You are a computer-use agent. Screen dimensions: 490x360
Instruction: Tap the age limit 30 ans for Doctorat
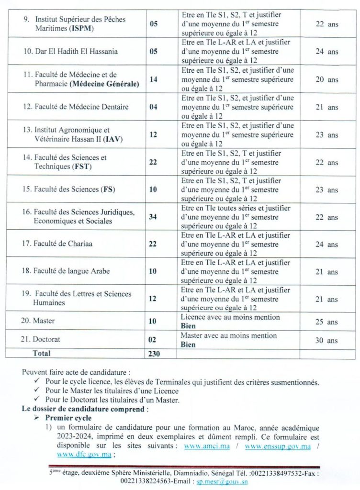[x=326, y=340]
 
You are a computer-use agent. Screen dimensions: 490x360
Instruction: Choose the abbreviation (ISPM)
[x=81, y=29]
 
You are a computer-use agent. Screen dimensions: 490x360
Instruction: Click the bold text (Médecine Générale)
[x=104, y=84]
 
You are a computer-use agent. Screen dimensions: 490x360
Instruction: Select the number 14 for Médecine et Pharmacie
[x=153, y=79]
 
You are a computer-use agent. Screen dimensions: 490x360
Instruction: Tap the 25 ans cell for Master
[x=326, y=322]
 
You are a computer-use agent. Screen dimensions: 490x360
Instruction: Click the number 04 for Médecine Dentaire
[x=153, y=106]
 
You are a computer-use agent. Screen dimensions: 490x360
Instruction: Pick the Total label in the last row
[x=41, y=354]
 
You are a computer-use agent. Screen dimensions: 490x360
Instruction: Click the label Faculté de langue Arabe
[x=71, y=271]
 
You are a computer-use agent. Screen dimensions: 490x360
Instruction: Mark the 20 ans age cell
[x=326, y=79]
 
